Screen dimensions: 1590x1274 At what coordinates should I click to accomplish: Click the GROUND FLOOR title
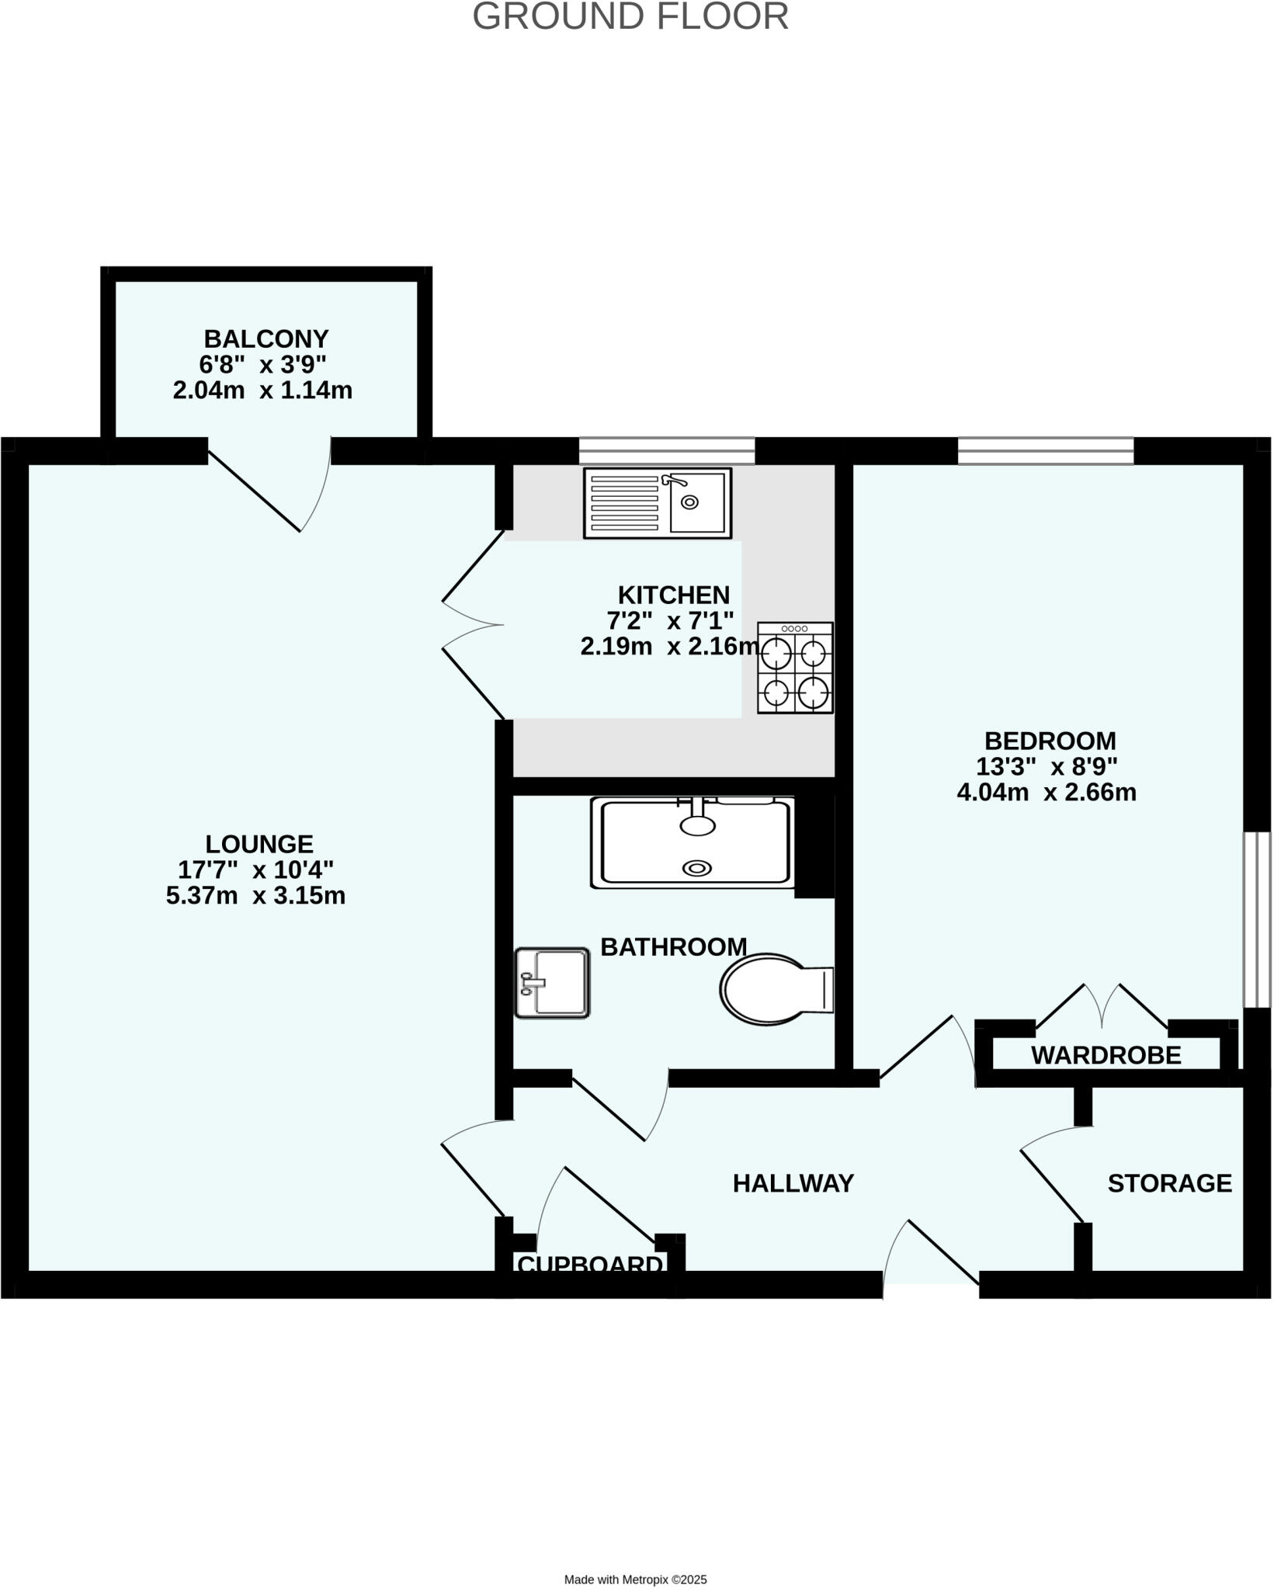630,17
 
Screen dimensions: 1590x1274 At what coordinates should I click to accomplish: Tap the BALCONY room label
266,339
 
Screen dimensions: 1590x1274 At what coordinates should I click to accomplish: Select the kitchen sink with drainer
658,503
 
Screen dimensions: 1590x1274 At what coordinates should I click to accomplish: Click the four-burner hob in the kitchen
795,668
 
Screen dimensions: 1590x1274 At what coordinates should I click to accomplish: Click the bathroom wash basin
552,983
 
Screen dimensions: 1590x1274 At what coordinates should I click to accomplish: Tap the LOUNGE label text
259,844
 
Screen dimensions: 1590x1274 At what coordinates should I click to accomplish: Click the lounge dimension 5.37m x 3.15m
255,896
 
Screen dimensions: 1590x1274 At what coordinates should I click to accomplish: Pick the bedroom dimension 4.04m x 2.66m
1047,793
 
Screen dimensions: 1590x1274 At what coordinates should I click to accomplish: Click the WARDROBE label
1106,1055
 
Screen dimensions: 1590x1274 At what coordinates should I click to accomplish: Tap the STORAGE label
1169,1183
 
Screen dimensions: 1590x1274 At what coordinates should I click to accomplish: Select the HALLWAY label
793,1183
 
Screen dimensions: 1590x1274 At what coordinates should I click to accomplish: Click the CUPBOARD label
590,1265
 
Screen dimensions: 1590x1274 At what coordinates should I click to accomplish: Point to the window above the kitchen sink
667,450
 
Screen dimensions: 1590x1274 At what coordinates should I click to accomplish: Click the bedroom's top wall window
1045,450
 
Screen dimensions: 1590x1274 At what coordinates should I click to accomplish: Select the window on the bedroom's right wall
1258,920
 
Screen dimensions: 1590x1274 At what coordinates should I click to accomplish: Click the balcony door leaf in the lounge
254,492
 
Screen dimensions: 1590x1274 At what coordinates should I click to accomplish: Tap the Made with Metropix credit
635,1557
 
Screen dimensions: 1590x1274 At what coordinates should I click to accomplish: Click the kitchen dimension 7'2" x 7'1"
670,620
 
